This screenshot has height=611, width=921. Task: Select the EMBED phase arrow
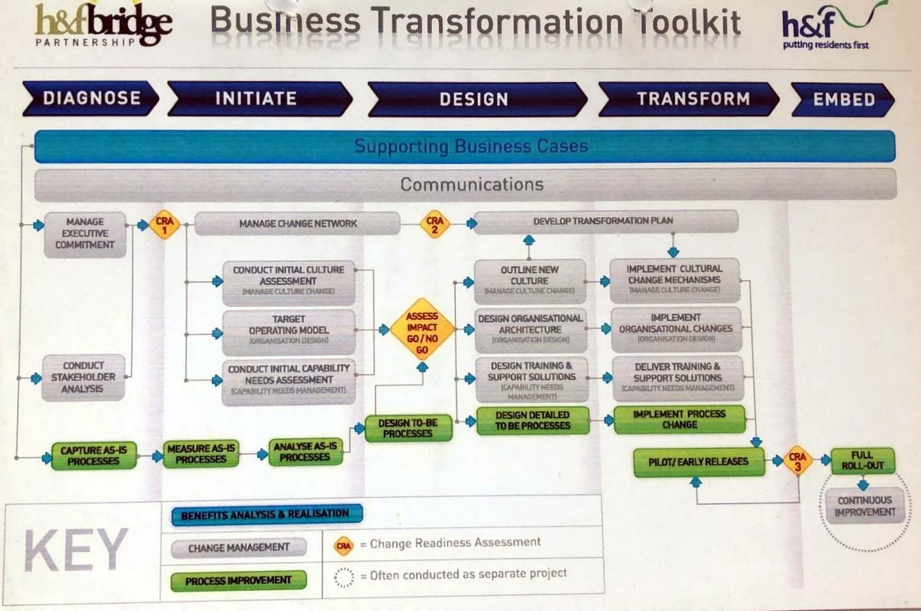[843, 99]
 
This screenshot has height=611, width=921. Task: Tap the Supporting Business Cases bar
[465, 146]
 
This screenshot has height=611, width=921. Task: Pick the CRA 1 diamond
[164, 225]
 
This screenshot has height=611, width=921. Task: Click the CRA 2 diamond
[434, 225]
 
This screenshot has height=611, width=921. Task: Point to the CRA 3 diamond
[797, 461]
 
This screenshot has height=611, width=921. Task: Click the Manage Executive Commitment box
[85, 234]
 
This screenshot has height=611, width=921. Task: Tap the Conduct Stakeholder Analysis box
[83, 377]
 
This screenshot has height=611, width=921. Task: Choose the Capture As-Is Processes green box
[93, 456]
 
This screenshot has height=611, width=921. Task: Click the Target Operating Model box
[288, 330]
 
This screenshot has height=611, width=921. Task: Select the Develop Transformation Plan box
[604, 221]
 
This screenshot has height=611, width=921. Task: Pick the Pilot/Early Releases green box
[698, 462]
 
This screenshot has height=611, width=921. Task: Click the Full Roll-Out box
[862, 460]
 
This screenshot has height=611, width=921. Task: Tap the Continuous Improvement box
[864, 506]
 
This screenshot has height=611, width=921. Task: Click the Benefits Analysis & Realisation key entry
[266, 515]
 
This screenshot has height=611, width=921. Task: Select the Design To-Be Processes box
[408, 428]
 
